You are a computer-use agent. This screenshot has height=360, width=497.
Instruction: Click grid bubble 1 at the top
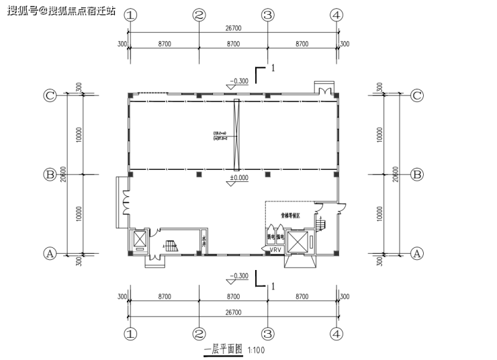130,15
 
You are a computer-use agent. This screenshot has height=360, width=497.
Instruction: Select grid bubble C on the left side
50,95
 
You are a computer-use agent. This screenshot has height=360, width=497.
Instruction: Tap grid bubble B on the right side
416,175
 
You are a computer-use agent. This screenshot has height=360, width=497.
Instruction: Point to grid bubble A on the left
50,253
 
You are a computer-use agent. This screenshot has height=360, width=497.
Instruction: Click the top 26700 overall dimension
232,29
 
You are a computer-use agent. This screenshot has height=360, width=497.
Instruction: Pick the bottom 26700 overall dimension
232,314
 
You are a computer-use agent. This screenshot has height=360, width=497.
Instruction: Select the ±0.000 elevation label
238,178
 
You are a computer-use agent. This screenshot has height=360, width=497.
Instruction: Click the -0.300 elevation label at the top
238,81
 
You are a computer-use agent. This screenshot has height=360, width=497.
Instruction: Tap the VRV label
275,251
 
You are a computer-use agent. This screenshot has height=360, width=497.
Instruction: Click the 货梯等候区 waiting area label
289,216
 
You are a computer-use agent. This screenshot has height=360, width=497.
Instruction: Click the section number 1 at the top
273,68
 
